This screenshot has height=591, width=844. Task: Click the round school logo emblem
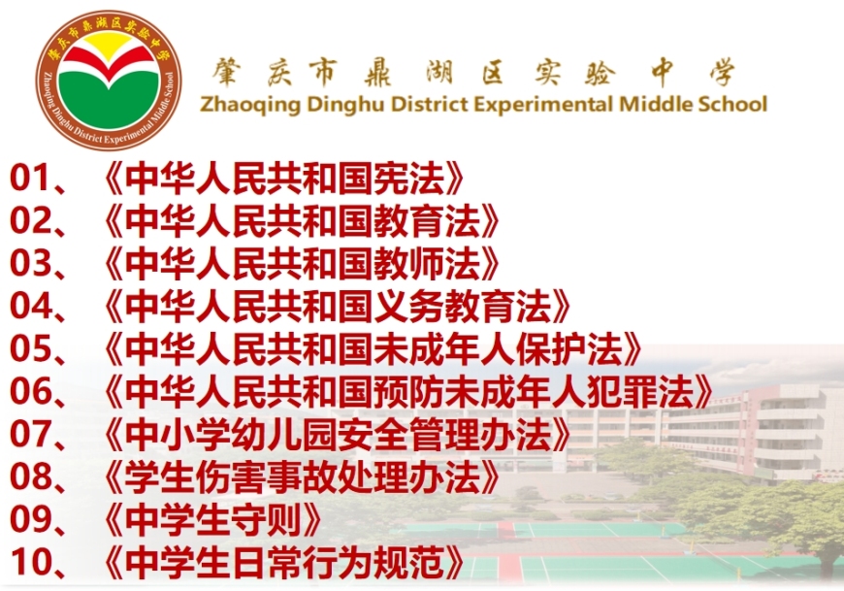click(109, 82)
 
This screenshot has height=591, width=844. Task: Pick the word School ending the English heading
click(733, 103)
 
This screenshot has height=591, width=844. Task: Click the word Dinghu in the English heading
click(345, 104)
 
